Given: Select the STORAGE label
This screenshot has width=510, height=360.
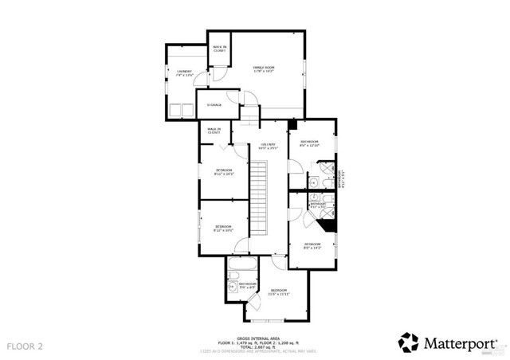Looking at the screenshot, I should pyautogui.click(x=214, y=104).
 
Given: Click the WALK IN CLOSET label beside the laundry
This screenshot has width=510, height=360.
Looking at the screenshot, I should pyautogui.click(x=218, y=49).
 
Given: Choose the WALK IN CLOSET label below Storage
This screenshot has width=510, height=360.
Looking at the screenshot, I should pyautogui.click(x=214, y=131).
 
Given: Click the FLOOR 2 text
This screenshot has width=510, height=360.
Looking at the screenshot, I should pyautogui.click(x=26, y=346).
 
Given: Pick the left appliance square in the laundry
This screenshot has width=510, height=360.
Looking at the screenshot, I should pyautogui.click(x=177, y=110).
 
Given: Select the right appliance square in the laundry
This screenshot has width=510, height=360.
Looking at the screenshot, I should pyautogui.click(x=190, y=110).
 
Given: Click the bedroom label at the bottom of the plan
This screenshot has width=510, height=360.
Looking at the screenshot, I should pyautogui.click(x=279, y=292).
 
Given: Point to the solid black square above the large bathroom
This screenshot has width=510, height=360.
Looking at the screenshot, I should pyautogui.click(x=292, y=124).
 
